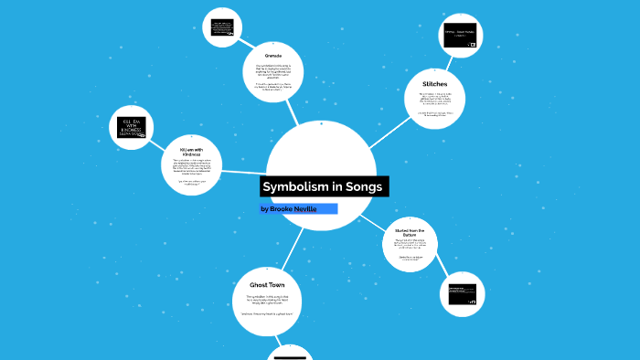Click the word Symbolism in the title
point(292,186)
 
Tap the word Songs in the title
point(361,186)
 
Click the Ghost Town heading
point(267,285)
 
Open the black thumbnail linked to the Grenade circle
point(221,26)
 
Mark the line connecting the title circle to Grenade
point(292,112)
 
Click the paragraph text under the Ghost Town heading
point(267,304)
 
